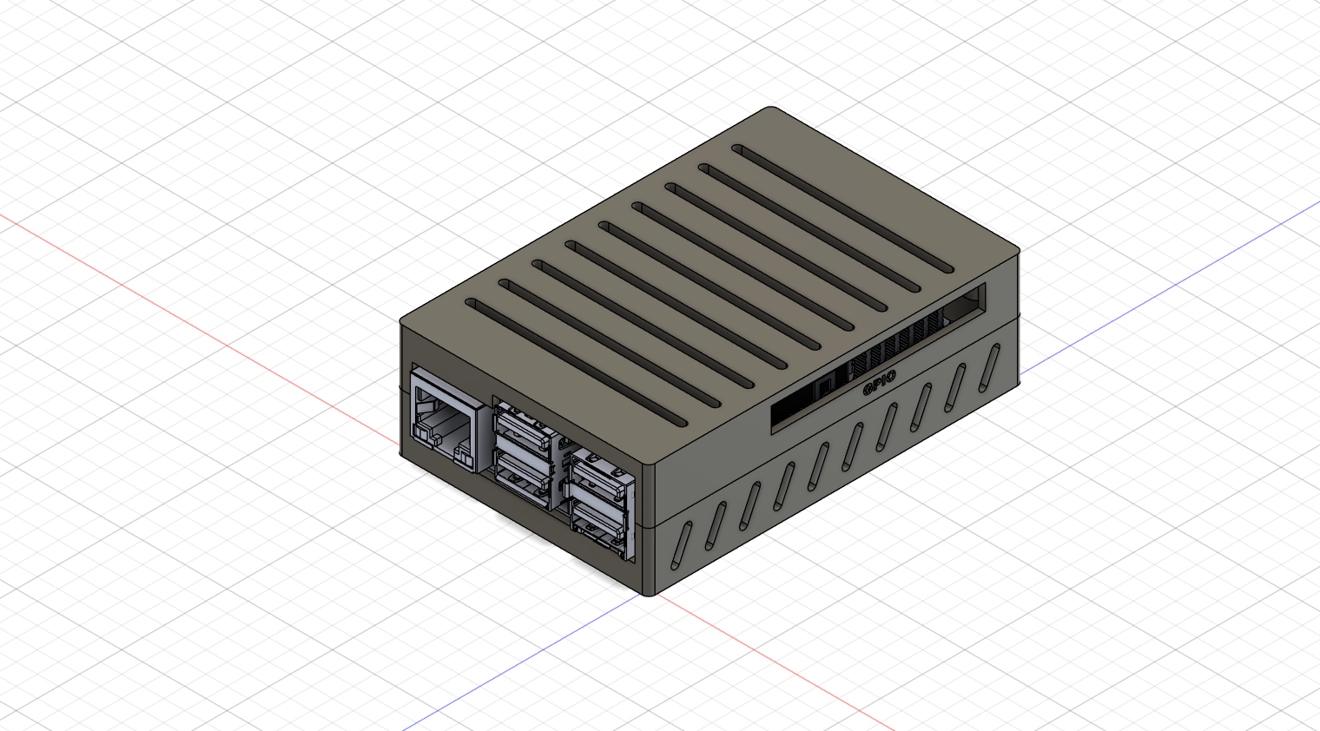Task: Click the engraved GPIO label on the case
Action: click(x=879, y=383)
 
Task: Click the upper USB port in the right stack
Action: click(x=598, y=474)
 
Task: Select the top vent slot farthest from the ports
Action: click(x=842, y=207)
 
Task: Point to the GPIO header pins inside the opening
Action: click(x=894, y=347)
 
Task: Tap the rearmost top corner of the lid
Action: click(x=772, y=109)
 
